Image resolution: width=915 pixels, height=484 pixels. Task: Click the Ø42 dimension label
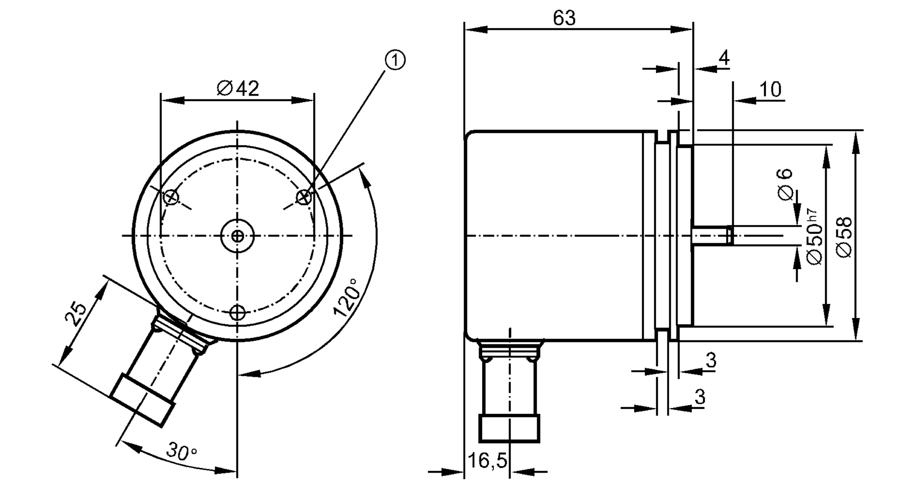pyautogui.click(x=238, y=88)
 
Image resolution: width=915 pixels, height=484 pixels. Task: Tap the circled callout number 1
pyautogui.click(x=395, y=60)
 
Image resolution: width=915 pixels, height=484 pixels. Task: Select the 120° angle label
pyautogui.click(x=346, y=297)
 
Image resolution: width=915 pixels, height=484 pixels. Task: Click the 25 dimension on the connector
pyautogui.click(x=76, y=313)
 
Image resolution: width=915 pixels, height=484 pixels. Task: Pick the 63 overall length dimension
pyautogui.click(x=564, y=18)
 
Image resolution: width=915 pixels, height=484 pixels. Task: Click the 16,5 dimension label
pyautogui.click(x=487, y=460)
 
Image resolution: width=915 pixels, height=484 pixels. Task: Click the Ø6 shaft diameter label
pyautogui.click(x=785, y=184)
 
